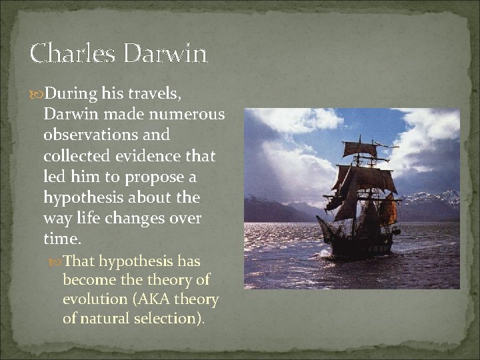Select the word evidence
(147, 156)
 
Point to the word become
(88, 280)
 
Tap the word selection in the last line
(173, 319)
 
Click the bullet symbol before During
(37, 94)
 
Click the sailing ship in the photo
(360, 200)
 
